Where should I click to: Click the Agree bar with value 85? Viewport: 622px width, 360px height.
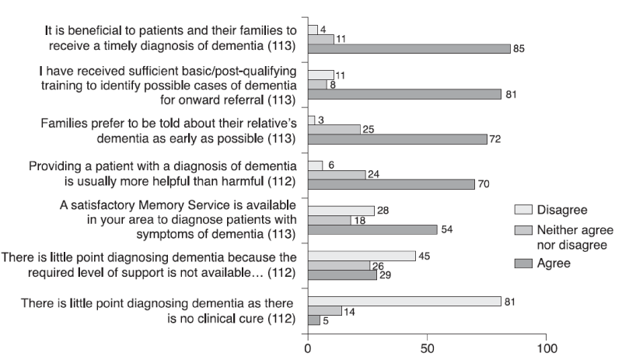tap(409, 48)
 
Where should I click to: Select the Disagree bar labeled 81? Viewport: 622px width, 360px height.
tap(404, 301)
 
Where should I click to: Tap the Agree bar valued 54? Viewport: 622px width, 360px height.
tap(372, 230)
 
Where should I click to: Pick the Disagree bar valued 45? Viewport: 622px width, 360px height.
tap(362, 256)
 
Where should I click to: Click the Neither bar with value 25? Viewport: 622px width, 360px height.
tap(334, 129)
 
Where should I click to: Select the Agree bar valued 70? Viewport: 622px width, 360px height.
tap(391, 185)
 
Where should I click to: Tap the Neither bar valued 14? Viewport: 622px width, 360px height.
tap(325, 310)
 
